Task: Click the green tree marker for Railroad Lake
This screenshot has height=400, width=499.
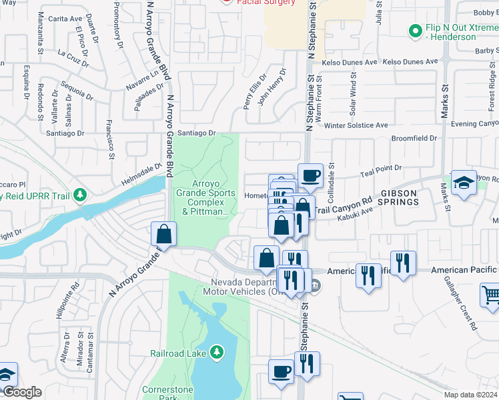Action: [215, 351]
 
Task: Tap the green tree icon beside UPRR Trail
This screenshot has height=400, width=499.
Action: [80, 195]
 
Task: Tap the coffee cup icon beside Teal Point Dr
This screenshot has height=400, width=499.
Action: [310, 177]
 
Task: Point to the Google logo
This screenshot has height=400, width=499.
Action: [22, 392]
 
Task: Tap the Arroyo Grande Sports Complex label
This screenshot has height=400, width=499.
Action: [205, 198]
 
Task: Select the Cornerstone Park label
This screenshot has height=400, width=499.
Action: [163, 393]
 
